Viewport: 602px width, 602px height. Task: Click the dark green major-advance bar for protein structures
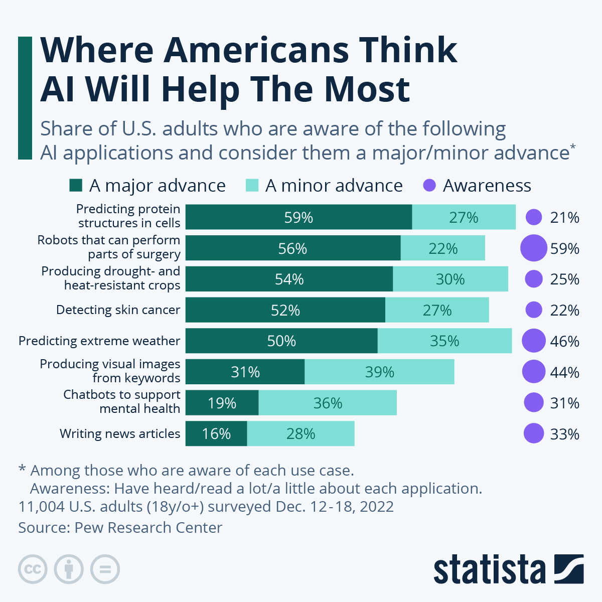point(298,217)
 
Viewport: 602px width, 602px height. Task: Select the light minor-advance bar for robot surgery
point(442,248)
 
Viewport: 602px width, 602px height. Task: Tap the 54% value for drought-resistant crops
point(289,279)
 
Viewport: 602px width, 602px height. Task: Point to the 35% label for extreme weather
point(444,341)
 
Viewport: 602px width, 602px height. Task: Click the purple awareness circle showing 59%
point(534,248)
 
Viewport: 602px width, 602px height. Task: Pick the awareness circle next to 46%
point(534,341)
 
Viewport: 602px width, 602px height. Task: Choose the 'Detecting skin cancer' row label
point(118,310)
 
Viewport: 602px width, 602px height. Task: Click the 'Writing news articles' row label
point(120,433)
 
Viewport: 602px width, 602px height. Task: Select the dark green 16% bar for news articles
point(216,433)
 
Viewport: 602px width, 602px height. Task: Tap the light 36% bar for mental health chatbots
point(328,403)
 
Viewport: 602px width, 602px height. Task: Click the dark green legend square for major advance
point(76,185)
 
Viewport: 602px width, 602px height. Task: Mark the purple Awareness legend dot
point(429,185)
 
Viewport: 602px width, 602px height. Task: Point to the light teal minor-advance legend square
point(252,185)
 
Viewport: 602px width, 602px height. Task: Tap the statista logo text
point(489,569)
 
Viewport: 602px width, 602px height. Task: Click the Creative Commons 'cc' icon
point(33,569)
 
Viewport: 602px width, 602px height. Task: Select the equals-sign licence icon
point(105,569)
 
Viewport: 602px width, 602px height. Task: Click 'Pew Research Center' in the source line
point(148,528)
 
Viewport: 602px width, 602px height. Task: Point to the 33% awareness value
point(565,434)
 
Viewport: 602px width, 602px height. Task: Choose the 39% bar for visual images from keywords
point(379,372)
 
